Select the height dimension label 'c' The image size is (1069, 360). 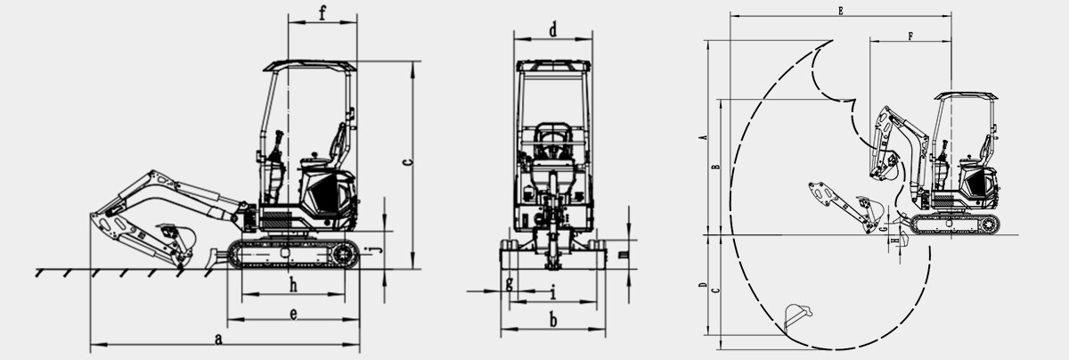click(406, 162)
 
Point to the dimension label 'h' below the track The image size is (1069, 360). click(292, 284)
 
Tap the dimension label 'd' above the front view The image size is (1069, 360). click(552, 30)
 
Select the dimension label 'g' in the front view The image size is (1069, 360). click(509, 283)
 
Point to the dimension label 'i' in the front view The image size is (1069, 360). click(552, 290)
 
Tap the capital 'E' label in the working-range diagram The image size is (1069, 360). click(840, 9)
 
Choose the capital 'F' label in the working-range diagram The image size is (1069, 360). click(909, 37)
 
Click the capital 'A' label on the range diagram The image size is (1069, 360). click(704, 138)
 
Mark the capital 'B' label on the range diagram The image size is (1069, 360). click(716, 167)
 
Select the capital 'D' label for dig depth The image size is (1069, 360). click(704, 287)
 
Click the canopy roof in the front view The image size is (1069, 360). click(553, 65)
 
